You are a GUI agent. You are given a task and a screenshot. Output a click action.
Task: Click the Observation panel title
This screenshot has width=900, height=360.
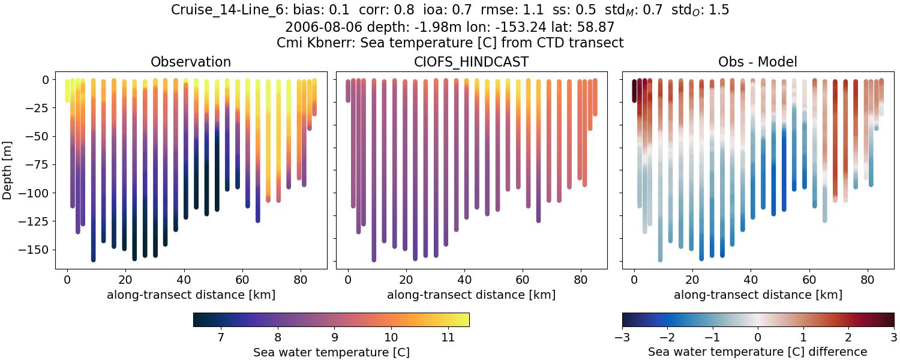(x=191, y=62)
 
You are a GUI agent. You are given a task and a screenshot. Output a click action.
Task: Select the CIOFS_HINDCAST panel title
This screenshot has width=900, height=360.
(x=471, y=62)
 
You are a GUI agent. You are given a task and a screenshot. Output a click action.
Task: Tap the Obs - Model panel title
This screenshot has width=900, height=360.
(x=757, y=62)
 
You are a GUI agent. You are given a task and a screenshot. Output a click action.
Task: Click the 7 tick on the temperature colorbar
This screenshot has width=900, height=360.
(x=220, y=338)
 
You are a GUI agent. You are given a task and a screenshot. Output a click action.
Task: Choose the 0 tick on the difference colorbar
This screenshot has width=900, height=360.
(x=758, y=338)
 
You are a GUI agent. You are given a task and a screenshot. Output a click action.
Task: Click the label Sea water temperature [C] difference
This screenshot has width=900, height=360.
(x=757, y=352)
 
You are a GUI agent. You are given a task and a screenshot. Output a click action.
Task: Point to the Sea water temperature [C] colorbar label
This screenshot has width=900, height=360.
(x=331, y=352)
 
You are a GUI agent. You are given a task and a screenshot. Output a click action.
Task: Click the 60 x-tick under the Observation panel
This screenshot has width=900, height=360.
(x=242, y=279)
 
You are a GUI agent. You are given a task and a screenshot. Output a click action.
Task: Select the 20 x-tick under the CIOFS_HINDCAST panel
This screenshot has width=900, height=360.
(x=406, y=279)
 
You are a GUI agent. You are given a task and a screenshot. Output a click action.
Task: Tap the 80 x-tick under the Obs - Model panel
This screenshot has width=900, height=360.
(x=868, y=279)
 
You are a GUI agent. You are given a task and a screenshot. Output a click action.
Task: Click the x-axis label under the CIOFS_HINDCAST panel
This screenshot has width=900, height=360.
(x=471, y=295)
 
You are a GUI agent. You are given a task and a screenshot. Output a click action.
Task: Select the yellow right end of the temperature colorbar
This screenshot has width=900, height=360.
(x=466, y=320)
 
